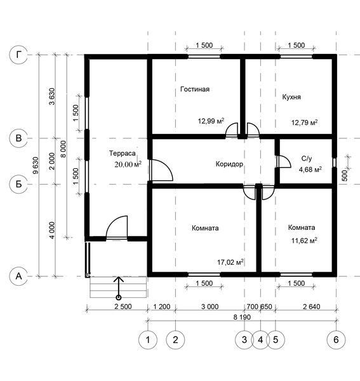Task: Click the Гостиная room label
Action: click(195, 89)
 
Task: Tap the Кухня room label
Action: click(291, 97)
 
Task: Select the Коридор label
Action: click(229, 164)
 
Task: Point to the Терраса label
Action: click(122, 153)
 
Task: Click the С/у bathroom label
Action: click(306, 158)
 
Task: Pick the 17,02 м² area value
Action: click(230, 262)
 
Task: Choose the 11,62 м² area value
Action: click(304, 241)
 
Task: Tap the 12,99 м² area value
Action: click(211, 121)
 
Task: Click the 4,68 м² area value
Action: click(310, 170)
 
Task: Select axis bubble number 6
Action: click(336, 340)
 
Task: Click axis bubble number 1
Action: click(148, 340)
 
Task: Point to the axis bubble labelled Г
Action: click(18, 55)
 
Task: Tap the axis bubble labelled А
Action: click(18, 276)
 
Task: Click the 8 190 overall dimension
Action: click(242, 317)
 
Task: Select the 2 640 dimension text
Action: click(311, 307)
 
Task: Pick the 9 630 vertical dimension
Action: click(36, 165)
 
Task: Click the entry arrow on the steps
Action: click(119, 288)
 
